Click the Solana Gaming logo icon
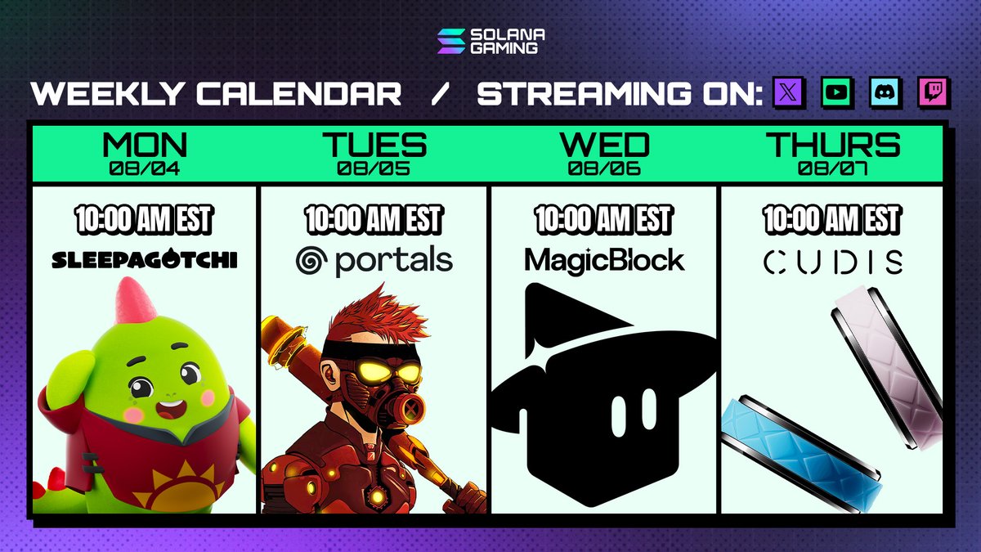(450, 41)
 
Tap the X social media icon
(789, 93)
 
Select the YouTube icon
(837, 93)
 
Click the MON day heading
(145, 146)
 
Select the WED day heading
(604, 146)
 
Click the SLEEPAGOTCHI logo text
(145, 260)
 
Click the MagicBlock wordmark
(604, 260)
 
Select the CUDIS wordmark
(833, 262)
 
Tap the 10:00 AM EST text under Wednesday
(604, 219)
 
